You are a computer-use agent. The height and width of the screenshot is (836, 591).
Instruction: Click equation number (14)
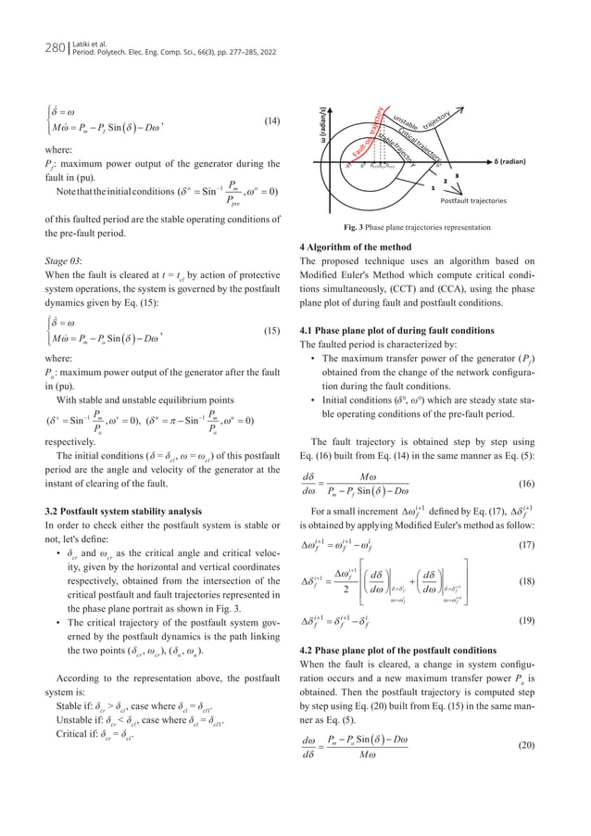click(x=272, y=121)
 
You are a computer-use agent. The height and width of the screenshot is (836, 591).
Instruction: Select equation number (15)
click(x=272, y=331)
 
